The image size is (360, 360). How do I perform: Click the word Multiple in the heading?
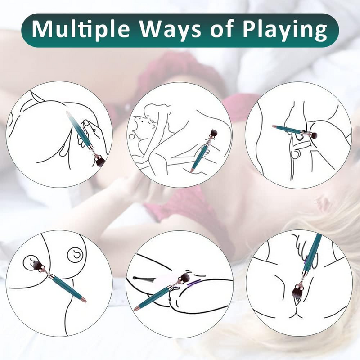coord(81,30)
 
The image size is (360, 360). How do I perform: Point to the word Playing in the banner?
coord(285,30)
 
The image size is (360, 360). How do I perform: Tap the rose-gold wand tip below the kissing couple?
coord(192,171)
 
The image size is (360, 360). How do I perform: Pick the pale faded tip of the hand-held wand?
coord(69,114)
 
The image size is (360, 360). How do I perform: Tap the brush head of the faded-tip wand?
coord(100,162)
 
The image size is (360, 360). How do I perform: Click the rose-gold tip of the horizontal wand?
coord(274,126)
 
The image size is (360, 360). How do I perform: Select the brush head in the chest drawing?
coord(37,265)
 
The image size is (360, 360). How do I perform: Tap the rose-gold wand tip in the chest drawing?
coord(83,299)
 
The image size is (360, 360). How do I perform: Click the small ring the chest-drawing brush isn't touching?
coord(75,255)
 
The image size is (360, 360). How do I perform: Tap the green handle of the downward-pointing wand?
coord(312,252)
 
